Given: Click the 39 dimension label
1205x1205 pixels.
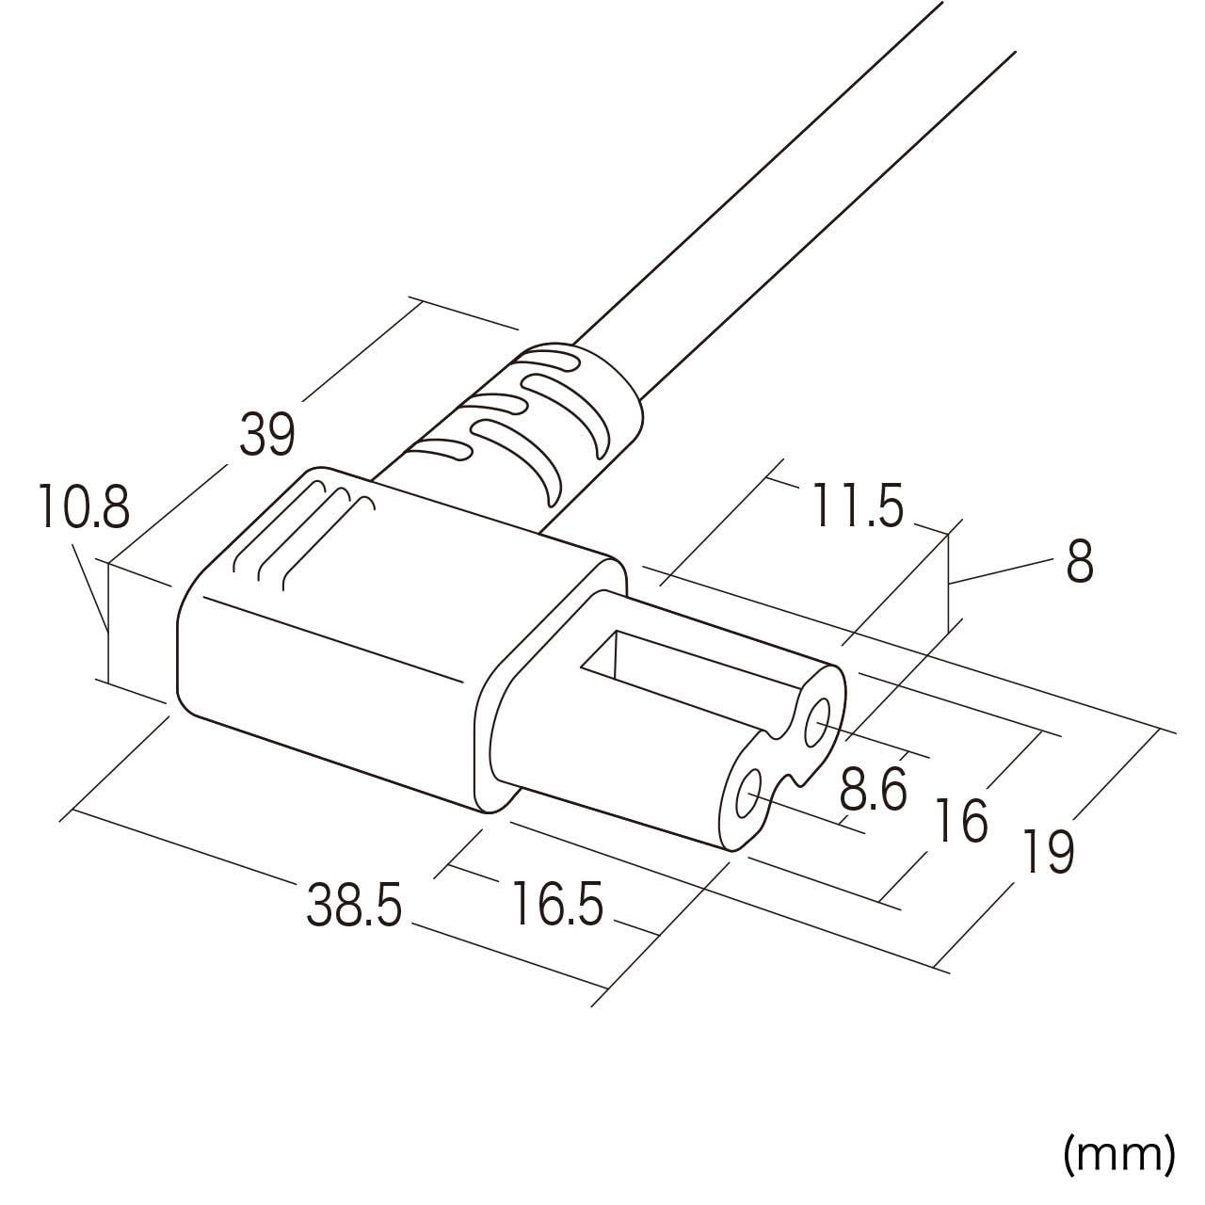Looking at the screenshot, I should [267, 434].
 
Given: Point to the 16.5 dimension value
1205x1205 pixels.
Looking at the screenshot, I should [556, 905].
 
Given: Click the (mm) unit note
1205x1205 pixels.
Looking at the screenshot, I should [1119, 1153].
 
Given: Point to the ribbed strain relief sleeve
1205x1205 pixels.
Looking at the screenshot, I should [527, 423].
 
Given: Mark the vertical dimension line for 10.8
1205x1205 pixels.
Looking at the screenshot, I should [109, 621].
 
